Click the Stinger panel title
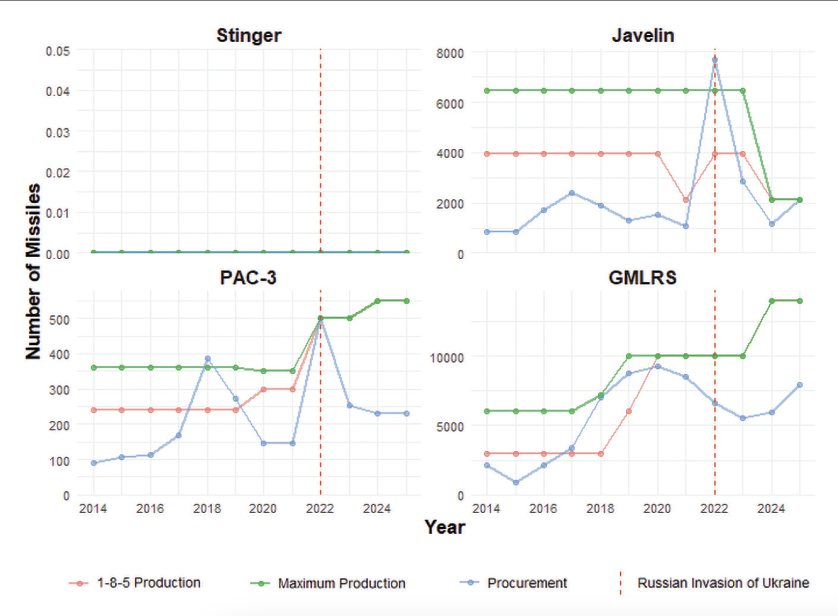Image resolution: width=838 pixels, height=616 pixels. (248, 35)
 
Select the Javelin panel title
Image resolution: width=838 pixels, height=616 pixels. (643, 35)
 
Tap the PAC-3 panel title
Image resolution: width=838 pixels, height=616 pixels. (248, 277)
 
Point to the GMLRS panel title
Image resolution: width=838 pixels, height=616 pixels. (643, 277)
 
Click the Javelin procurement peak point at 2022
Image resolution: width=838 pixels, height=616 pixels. (715, 60)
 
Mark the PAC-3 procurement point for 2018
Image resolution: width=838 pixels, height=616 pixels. (207, 358)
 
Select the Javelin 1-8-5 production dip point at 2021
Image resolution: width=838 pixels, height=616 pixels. (686, 199)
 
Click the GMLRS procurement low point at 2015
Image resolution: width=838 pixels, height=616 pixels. (516, 483)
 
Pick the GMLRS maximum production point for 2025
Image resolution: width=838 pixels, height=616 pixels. (800, 301)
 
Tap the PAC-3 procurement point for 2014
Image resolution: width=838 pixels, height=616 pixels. (94, 463)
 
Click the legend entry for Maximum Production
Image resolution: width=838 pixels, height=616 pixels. (342, 583)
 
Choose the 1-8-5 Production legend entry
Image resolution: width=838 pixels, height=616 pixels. (149, 583)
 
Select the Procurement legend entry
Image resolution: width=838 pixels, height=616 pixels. (526, 583)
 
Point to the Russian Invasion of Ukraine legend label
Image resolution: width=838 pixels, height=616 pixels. (723, 583)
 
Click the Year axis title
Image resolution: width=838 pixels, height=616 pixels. (444, 527)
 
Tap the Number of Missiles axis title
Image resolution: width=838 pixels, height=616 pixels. (33, 271)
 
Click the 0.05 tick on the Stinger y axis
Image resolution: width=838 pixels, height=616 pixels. (58, 51)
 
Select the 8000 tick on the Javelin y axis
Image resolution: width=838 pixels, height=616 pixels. (450, 53)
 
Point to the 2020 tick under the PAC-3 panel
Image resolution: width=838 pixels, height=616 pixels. (263, 508)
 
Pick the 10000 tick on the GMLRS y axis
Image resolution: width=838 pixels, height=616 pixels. (447, 358)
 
